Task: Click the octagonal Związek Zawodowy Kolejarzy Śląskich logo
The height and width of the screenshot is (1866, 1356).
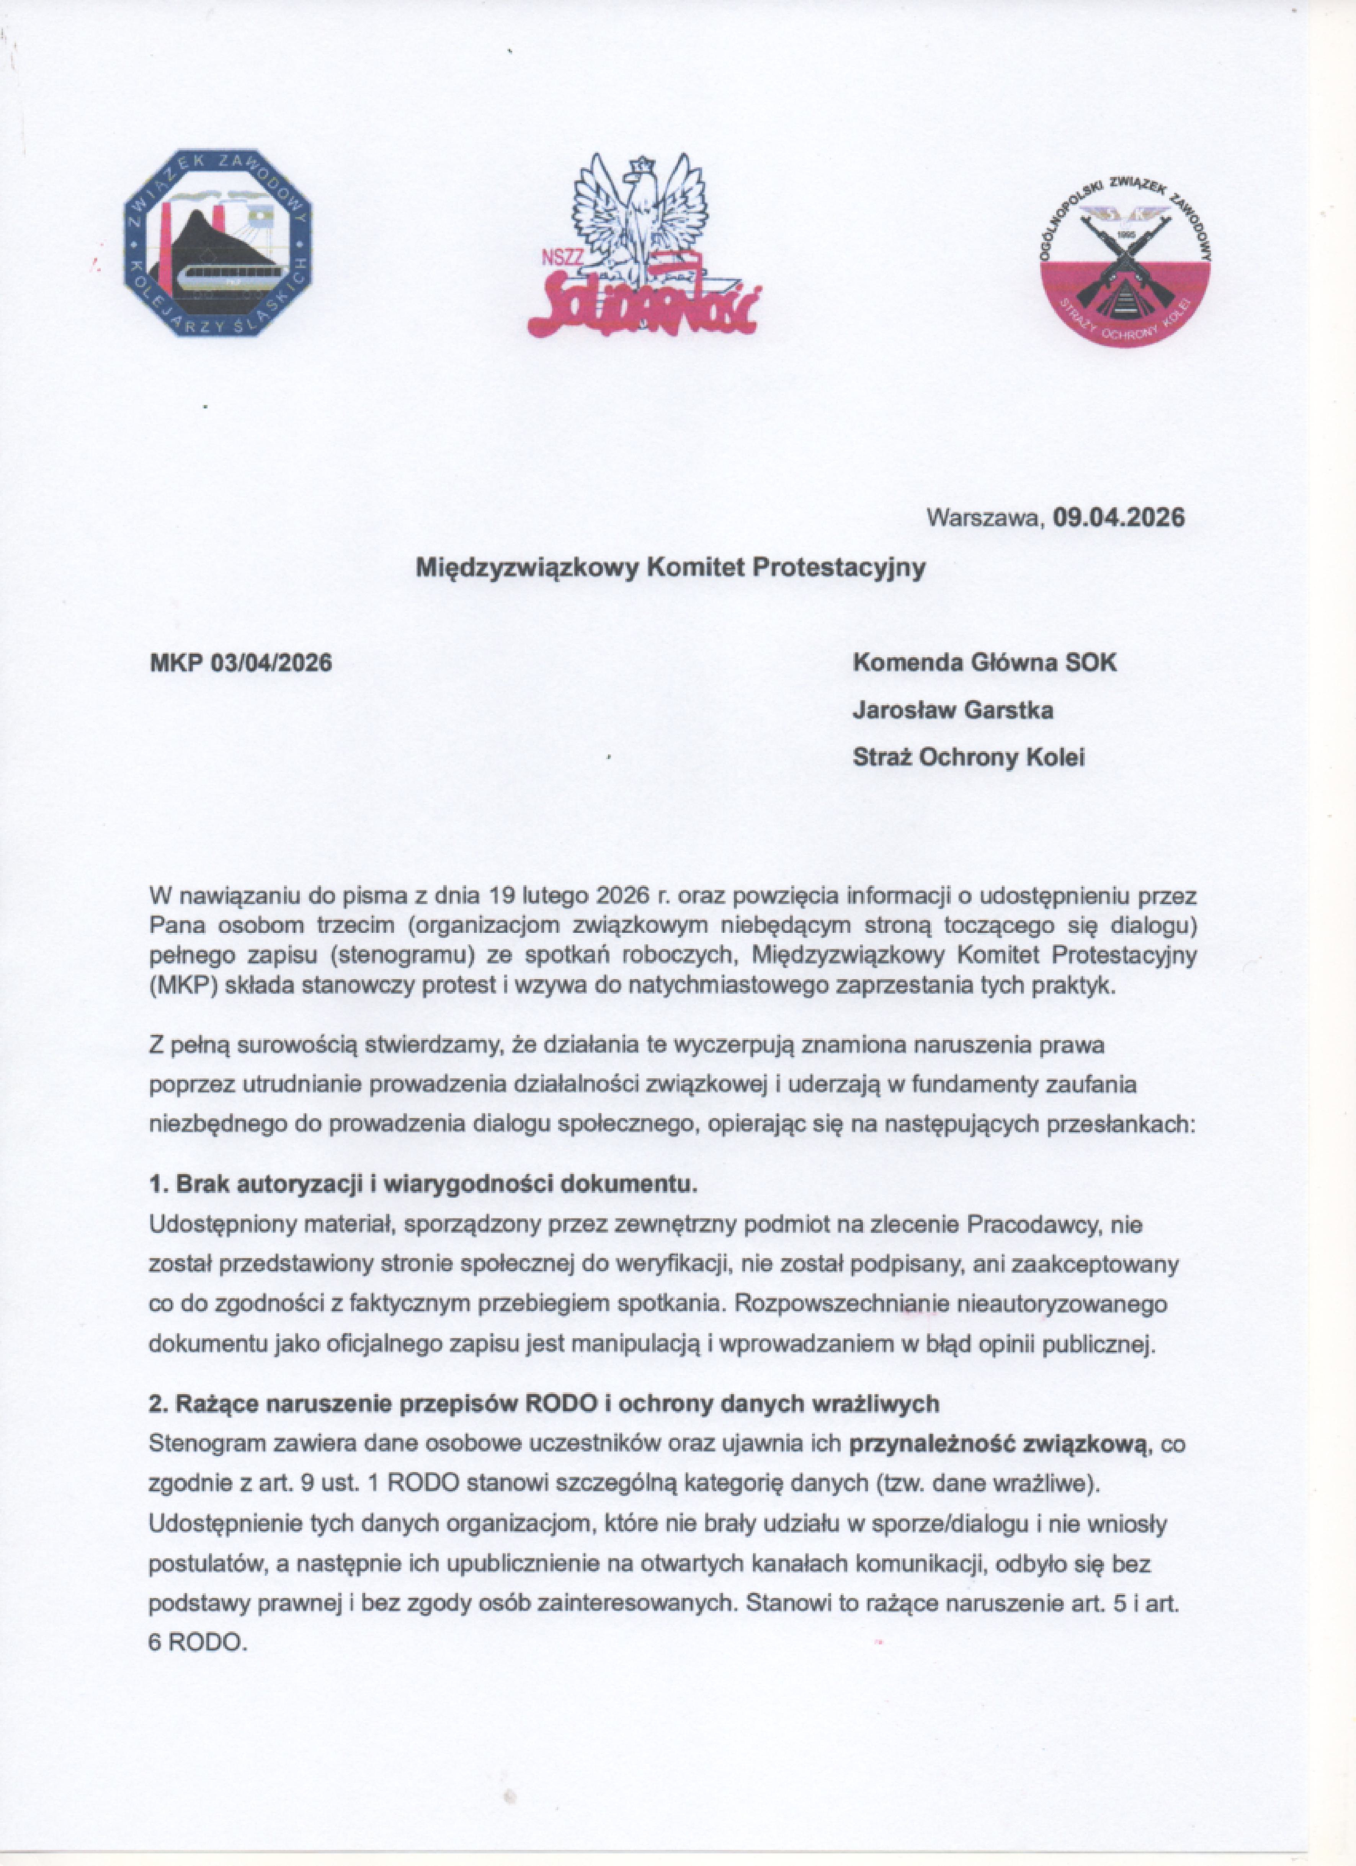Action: [218, 243]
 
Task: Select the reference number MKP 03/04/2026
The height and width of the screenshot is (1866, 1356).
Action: [240, 662]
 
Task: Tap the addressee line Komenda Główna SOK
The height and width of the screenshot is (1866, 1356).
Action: [985, 662]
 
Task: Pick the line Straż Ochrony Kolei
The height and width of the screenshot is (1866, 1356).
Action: [969, 757]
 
